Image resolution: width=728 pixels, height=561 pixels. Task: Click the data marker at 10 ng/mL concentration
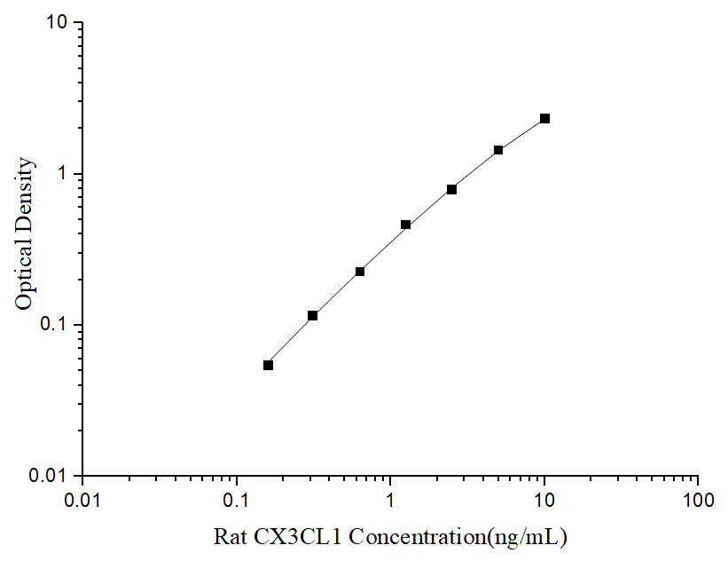544,118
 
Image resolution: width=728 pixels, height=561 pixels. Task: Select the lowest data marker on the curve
269,365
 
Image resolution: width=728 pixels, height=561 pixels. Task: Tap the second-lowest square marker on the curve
313,315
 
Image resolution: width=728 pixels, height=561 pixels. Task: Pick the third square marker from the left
360,271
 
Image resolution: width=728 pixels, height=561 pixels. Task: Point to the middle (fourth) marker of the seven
406,225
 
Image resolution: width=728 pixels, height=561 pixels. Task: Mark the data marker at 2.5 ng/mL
452,189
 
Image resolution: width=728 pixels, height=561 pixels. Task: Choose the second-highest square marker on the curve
498,150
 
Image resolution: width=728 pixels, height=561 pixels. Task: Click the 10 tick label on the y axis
59,22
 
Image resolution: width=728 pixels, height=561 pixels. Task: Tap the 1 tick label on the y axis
64,174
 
